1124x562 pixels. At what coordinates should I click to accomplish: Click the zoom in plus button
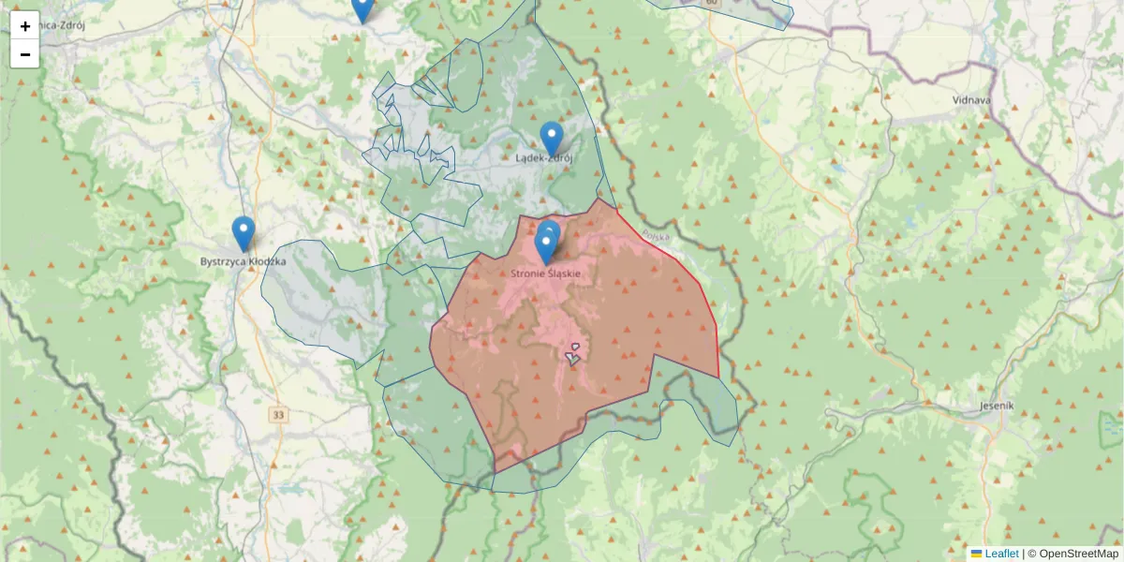[25, 26]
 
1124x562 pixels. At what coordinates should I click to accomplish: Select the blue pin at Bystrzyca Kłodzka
[243, 233]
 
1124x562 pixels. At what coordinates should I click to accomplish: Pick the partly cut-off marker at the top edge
[362, 7]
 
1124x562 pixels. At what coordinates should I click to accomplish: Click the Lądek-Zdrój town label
[544, 158]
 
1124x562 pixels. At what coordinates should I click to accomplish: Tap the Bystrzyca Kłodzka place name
[243, 261]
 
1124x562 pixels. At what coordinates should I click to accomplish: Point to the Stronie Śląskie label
[546, 274]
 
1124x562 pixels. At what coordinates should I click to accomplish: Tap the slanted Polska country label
[657, 238]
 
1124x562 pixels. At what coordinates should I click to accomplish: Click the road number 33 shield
[278, 414]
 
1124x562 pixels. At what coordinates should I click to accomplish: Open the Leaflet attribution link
[1001, 554]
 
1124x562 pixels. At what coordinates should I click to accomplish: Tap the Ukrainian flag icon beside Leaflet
[976, 554]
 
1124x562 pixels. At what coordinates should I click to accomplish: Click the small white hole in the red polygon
[572, 355]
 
